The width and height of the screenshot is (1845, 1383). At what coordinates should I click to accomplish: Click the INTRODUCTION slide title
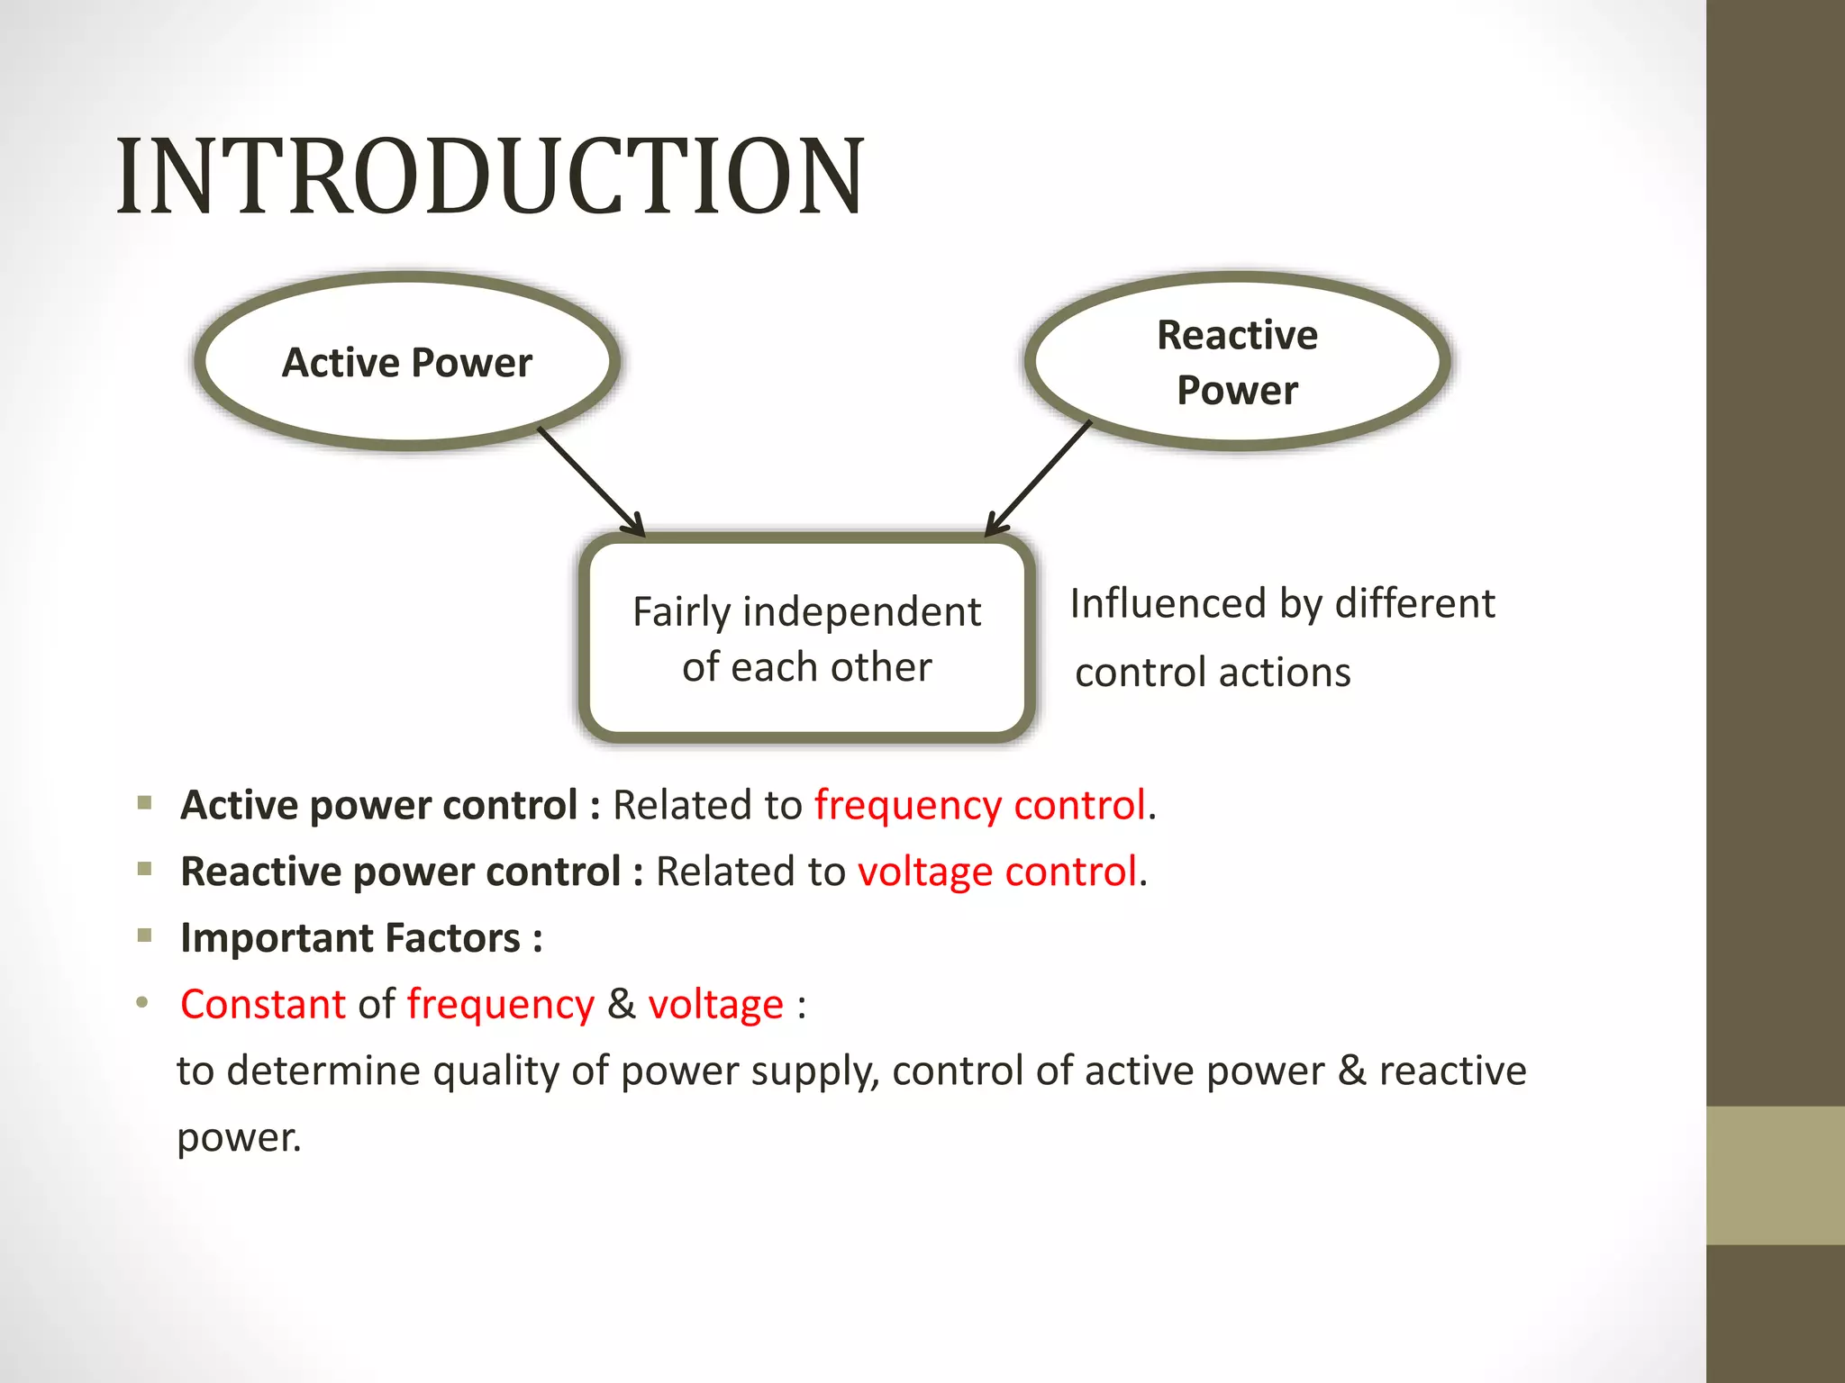490,176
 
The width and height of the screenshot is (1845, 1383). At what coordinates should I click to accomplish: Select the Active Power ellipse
407,361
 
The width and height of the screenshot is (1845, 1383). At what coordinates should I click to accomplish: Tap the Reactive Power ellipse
1237,362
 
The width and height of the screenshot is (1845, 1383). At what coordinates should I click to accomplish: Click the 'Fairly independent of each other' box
806,638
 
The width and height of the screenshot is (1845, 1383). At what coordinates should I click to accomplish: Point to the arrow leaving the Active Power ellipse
590,481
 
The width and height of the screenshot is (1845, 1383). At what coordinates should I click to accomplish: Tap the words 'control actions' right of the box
1213,673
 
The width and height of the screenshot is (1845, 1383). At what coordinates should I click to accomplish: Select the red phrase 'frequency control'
980,805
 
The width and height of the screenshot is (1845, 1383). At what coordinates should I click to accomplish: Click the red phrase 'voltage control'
997,872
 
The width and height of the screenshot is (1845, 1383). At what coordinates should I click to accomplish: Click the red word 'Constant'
263,1005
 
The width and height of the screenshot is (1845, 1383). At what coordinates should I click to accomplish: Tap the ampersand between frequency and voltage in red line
621,1005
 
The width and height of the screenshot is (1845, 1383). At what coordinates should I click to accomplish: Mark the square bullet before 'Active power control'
145,802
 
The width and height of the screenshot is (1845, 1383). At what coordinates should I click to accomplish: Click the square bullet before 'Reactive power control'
145,869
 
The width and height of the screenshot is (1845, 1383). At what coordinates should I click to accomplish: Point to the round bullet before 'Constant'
142,1002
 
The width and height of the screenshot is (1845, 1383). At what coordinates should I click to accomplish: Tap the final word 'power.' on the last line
239,1138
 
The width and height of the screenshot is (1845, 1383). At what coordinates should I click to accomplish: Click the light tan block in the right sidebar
1775,1175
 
